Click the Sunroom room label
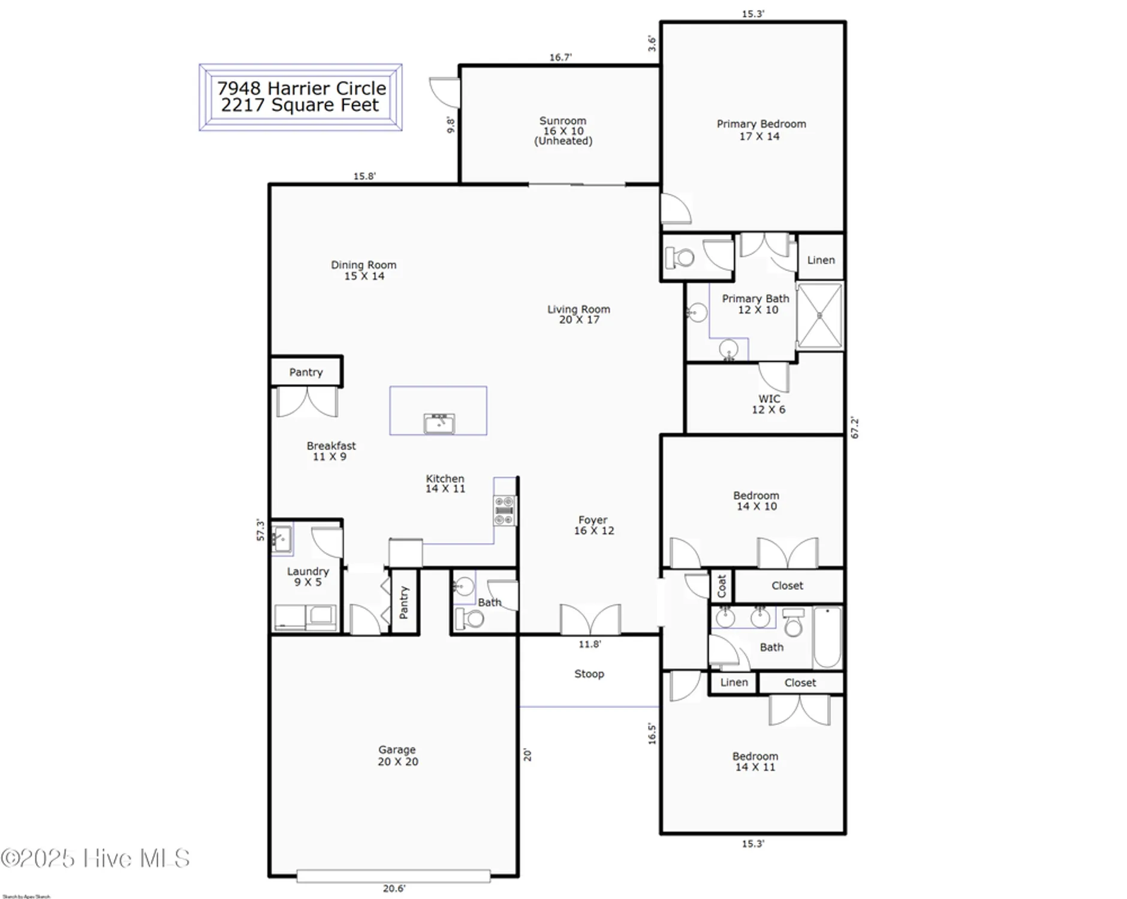562,130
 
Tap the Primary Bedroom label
761,129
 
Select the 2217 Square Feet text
300,105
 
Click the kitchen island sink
439,423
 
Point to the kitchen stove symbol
505,510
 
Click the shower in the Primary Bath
819,316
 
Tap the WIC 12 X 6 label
769,404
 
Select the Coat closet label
721,586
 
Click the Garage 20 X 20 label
397,755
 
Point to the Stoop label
589,674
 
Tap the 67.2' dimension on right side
855,428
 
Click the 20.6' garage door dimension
394,888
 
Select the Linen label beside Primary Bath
821,260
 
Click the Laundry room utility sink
281,538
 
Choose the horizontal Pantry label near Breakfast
306,372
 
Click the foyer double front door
590,620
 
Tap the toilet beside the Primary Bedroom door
680,258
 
